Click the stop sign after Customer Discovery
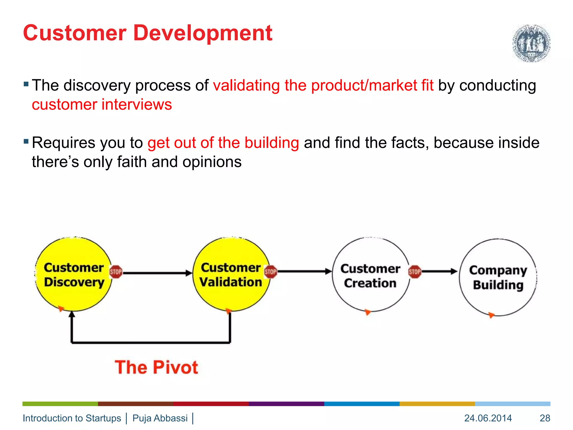(x=116, y=272)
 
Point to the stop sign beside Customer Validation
(x=271, y=272)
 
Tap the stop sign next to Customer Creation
(x=415, y=272)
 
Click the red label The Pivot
(x=156, y=367)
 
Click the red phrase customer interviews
(x=102, y=105)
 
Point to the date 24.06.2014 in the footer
(x=488, y=418)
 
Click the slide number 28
(x=545, y=418)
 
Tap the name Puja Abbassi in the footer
(x=160, y=418)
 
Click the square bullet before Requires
(x=26, y=141)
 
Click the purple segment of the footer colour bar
(x=286, y=404)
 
